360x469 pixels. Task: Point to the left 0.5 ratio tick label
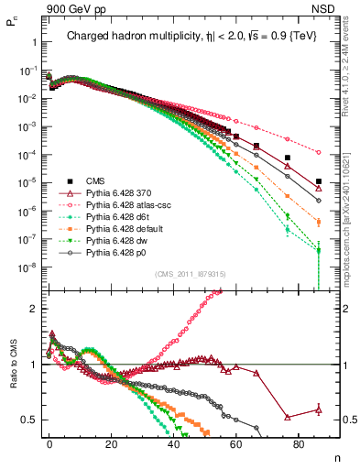pyautogui.click(x=30, y=420)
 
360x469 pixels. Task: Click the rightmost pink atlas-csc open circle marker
pyautogui.click(x=318, y=152)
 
